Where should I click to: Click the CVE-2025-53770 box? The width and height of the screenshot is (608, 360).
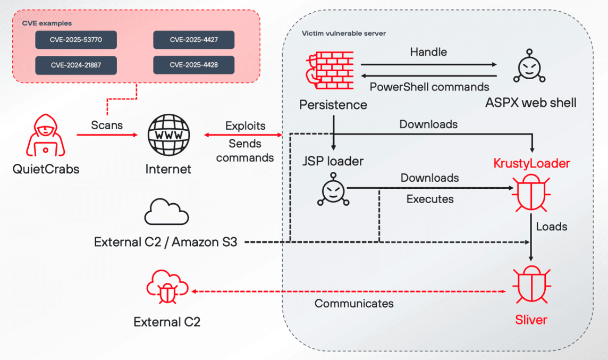76,40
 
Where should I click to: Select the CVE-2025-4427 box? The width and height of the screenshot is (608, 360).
193,40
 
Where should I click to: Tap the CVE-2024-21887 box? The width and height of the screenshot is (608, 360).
76,65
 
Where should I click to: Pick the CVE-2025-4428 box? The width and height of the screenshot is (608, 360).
193,65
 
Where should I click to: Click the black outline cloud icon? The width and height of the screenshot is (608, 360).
166,212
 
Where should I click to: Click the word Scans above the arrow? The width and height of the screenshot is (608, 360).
107,125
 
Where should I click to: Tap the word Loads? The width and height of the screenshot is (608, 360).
552,227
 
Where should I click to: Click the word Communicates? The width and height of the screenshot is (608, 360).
354,304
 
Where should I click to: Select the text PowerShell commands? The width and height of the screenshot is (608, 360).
429,87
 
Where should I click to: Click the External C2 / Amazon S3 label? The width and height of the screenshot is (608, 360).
165,242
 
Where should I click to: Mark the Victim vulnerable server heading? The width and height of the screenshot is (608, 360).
344,34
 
